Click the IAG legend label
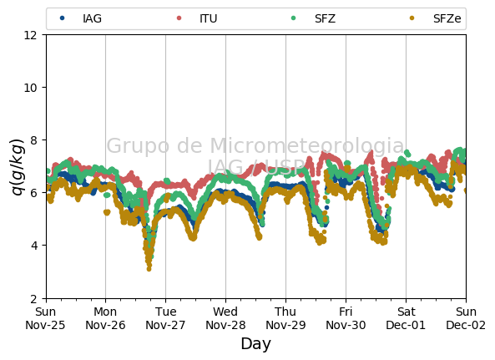click(x=92, y=18)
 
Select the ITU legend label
click(x=209, y=18)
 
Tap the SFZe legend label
click(x=447, y=18)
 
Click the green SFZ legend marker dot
click(x=293, y=18)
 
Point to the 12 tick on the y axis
click(x=30, y=35)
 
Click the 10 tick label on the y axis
click(x=30, y=88)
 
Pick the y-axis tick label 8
click(x=33, y=139)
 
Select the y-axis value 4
click(x=33, y=246)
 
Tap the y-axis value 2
click(x=33, y=298)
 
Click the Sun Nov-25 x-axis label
click(x=45, y=318)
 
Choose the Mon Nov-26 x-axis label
click(x=105, y=318)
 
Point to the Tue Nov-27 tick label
click(x=165, y=318)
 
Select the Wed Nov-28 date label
click(x=225, y=318)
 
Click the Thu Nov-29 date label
click(x=285, y=318)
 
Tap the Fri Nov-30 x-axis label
click(x=346, y=318)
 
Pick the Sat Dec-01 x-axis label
click(x=406, y=318)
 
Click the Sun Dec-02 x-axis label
click(x=466, y=318)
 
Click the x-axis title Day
click(x=255, y=343)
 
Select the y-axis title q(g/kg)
click(x=18, y=167)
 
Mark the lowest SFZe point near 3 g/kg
click(x=149, y=269)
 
